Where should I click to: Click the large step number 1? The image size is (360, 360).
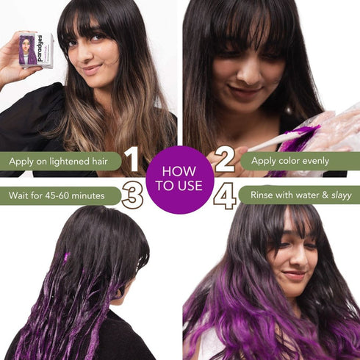coord(132,160)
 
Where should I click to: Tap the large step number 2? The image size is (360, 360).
coord(224,160)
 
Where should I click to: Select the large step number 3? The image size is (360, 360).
coord(132,196)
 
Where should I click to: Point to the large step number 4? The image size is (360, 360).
coord(225,196)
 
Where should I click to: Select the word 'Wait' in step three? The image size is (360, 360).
coord(20,195)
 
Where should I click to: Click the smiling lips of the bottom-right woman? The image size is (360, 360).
coord(293,276)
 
